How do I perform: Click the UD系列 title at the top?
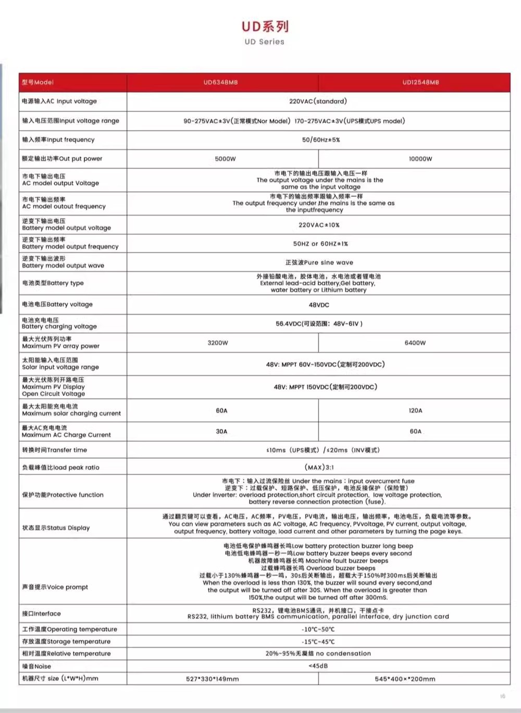click(265, 27)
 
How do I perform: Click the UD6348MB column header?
click(220, 82)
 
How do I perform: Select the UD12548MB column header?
click(420, 82)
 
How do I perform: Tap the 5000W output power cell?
click(225, 159)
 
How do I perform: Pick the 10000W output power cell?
click(420, 159)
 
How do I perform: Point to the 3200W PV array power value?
click(218, 343)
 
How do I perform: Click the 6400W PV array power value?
click(415, 343)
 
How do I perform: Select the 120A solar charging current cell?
click(415, 410)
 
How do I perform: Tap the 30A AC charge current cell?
click(221, 431)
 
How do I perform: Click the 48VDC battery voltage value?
click(319, 305)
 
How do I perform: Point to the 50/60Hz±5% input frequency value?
click(321, 140)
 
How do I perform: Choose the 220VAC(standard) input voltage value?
click(318, 101)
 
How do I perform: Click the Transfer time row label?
click(55, 450)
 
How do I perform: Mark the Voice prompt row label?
click(55, 587)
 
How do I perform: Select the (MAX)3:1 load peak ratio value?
click(319, 467)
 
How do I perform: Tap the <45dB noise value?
click(318, 666)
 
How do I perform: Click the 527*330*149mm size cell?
click(213, 679)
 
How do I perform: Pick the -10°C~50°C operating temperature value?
click(318, 629)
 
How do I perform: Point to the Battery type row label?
click(53, 283)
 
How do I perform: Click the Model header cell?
click(38, 82)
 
